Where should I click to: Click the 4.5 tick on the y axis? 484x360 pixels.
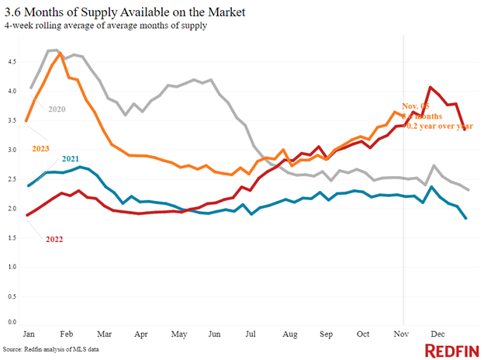tap(10, 61)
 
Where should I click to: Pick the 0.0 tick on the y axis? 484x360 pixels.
tap(10, 320)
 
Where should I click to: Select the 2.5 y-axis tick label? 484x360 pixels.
tap(10, 178)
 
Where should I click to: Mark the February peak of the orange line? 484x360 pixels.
tap(60, 53)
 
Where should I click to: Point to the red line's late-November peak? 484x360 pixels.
tap(430, 87)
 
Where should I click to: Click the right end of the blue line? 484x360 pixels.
tap(466, 219)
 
